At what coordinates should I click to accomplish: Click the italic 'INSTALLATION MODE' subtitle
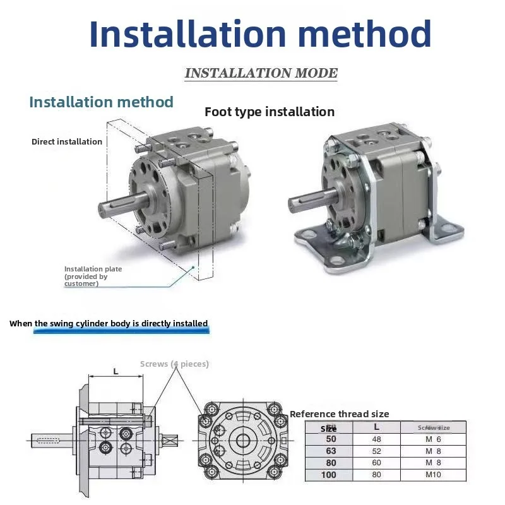261,73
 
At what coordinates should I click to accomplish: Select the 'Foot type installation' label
270,112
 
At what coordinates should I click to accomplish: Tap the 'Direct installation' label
67,141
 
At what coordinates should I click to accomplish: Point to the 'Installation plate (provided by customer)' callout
93,276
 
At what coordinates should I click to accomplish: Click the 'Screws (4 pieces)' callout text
174,364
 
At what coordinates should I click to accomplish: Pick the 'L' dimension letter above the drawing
116,371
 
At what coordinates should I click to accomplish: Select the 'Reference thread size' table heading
340,414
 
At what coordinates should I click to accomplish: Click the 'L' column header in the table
377,427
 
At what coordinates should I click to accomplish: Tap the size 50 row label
331,439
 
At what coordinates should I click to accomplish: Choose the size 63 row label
331,451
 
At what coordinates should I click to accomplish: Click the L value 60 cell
377,462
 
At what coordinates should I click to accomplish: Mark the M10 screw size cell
433,474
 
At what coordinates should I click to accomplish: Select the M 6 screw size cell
433,439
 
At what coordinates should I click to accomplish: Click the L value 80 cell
377,474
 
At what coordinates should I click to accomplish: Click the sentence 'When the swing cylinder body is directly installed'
109,323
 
